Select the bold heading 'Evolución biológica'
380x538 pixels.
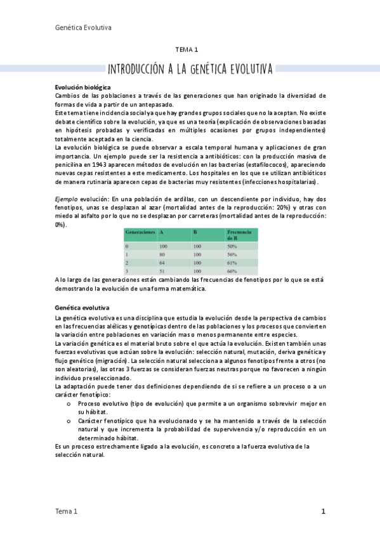[x=82, y=87]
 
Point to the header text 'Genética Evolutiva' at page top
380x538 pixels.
[x=84, y=27]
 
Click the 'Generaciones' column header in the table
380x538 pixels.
[x=140, y=233]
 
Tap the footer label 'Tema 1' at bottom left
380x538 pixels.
[x=67, y=511]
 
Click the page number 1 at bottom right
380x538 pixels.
[x=323, y=511]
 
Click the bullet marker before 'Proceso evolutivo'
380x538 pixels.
[x=69, y=403]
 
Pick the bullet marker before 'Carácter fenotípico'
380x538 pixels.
[x=69, y=421]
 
